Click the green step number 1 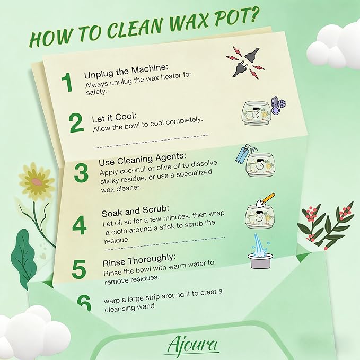point(67,82)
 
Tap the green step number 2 point(76,122)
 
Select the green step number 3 point(81,173)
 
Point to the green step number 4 point(79,225)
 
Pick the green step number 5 point(79,269)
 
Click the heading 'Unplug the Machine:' point(126,71)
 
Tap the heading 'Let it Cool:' point(114,118)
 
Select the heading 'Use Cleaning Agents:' point(142,159)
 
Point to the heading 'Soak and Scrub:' point(135,211)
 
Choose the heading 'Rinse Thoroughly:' point(139,260)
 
